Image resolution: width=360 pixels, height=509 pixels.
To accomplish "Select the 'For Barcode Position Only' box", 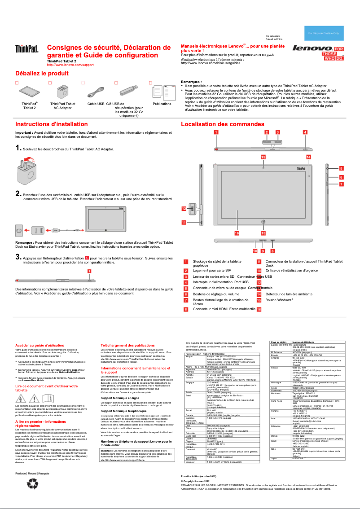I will click(326, 33).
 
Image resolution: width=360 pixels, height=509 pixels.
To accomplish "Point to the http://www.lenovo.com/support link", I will click(70, 65).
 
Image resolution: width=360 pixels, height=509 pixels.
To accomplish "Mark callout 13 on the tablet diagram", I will click(263, 157).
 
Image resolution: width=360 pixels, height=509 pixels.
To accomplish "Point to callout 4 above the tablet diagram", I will click(305, 132).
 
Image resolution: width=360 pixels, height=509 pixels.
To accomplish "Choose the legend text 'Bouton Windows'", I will click(279, 299).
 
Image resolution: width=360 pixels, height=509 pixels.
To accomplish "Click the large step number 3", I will click(18, 257).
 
